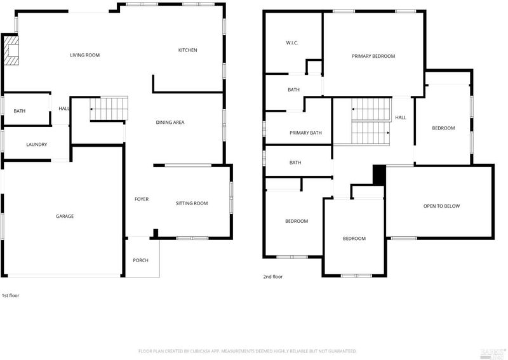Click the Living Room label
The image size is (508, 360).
click(x=85, y=55)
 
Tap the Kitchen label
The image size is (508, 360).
click(x=187, y=50)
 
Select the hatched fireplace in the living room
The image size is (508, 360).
click(x=11, y=50)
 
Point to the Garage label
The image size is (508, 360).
click(x=65, y=216)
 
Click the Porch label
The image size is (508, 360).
click(x=140, y=260)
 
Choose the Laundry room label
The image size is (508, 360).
click(x=37, y=145)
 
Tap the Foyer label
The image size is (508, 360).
click(x=142, y=199)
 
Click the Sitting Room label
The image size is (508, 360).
click(x=192, y=204)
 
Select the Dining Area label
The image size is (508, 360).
click(x=170, y=123)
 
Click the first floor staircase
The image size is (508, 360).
click(x=109, y=109)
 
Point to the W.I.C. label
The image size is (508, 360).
click(x=292, y=43)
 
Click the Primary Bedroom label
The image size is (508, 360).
click(x=373, y=56)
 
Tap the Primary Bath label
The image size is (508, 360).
click(x=305, y=133)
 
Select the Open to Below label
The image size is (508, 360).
click(x=441, y=206)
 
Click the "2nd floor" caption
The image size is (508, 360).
click(x=273, y=277)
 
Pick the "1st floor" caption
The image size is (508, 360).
click(x=11, y=295)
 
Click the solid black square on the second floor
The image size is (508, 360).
click(x=379, y=175)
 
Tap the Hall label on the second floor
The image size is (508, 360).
click(x=401, y=117)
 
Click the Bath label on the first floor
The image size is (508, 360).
click(x=20, y=111)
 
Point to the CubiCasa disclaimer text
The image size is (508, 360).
click(x=248, y=351)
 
